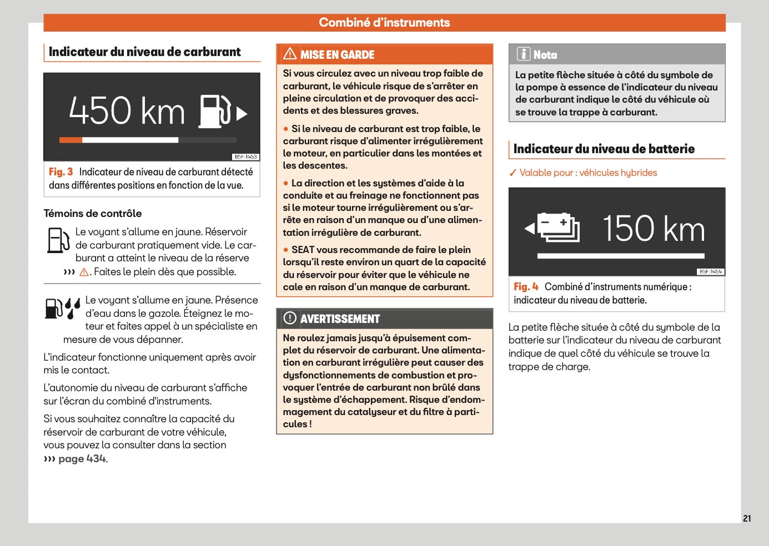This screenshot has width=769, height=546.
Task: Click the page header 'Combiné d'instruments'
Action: click(x=384, y=23)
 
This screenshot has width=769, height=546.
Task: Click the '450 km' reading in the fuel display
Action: click(x=127, y=110)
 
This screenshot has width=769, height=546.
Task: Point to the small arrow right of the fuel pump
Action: click(x=242, y=114)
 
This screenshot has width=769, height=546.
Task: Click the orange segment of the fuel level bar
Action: click(x=71, y=140)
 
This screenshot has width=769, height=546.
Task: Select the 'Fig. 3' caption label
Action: click(x=61, y=172)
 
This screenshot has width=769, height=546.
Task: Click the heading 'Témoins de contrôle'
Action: click(x=93, y=214)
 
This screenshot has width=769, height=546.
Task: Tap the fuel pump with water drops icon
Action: click(x=62, y=309)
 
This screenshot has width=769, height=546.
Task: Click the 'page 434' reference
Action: click(x=82, y=459)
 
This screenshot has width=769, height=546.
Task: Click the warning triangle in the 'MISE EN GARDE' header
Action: click(x=290, y=54)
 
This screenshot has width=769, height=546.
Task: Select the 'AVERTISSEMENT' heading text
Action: click(x=340, y=319)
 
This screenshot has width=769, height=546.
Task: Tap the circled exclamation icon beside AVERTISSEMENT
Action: click(x=290, y=318)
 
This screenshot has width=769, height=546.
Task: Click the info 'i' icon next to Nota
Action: click(x=523, y=54)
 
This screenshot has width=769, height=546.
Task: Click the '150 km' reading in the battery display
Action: click(x=654, y=229)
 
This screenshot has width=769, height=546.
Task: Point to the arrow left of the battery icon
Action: click(x=530, y=228)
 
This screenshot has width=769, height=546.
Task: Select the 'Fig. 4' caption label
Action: click(x=526, y=287)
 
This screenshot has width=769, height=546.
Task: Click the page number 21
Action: click(x=747, y=518)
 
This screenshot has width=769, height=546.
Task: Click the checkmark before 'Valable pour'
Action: click(x=513, y=173)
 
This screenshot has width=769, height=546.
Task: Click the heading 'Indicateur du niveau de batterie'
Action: click(x=604, y=149)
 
